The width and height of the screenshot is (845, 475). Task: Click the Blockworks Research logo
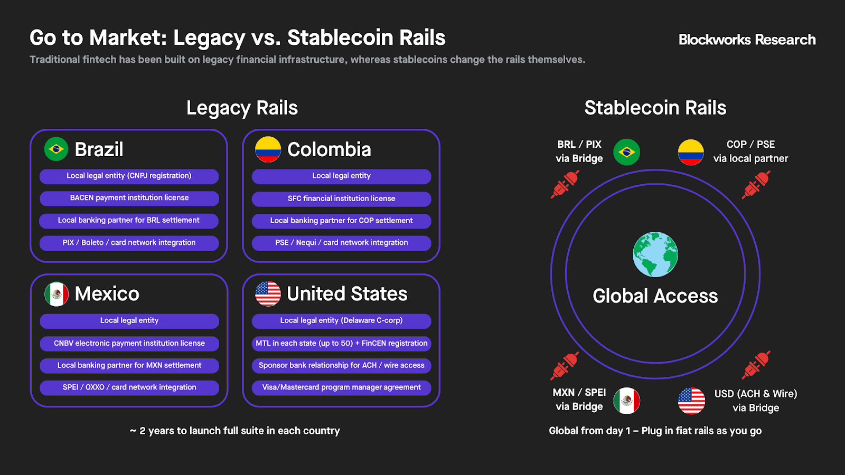click(747, 40)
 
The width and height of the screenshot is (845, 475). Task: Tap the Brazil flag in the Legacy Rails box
click(56, 149)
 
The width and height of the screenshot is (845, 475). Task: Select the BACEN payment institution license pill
click(129, 198)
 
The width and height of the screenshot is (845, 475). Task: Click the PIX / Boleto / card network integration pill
click(129, 243)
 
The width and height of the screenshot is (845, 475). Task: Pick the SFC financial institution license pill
click(341, 199)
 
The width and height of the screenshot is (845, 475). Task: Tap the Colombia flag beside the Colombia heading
click(268, 149)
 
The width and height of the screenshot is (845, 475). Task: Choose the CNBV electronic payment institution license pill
click(129, 344)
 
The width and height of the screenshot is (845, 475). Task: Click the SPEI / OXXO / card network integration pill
click(129, 388)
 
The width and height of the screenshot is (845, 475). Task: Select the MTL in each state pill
click(341, 344)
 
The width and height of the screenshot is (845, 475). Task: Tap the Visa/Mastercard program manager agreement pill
click(341, 388)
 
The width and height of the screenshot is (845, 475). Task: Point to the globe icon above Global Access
click(655, 254)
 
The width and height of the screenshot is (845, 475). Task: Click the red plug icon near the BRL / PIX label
click(565, 184)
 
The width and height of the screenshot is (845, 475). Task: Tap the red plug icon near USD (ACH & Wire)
click(756, 365)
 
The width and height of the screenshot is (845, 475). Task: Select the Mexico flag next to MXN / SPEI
click(626, 401)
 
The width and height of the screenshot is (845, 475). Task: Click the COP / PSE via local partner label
click(750, 151)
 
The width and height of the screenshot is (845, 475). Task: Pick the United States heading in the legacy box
click(347, 293)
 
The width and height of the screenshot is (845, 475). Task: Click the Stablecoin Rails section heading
click(655, 108)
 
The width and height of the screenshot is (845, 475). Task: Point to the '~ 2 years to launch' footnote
click(234, 431)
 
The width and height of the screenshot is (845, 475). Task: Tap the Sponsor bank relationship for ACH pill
click(341, 366)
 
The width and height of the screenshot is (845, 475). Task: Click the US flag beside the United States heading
click(268, 293)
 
